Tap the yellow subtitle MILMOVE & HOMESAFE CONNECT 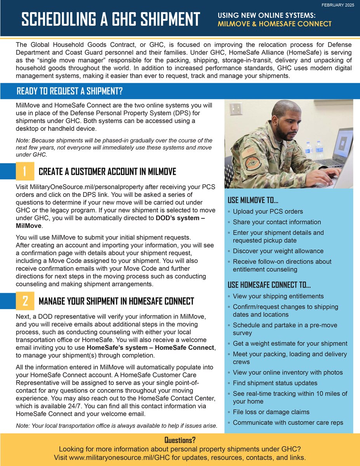(x=275, y=24)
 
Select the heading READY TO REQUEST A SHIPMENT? (x=70, y=92)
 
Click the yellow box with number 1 (x=25, y=171)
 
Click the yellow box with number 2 (x=25, y=301)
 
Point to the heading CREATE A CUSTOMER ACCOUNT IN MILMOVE (x=108, y=172)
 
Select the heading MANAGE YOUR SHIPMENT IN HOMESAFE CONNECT (x=116, y=301)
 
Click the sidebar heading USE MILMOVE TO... (x=253, y=200)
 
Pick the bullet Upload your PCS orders (x=268, y=212)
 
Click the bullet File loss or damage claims (x=271, y=412)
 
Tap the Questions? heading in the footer (x=180, y=440)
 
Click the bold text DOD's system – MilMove (x=181, y=218)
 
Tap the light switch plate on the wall (x=236, y=109)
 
